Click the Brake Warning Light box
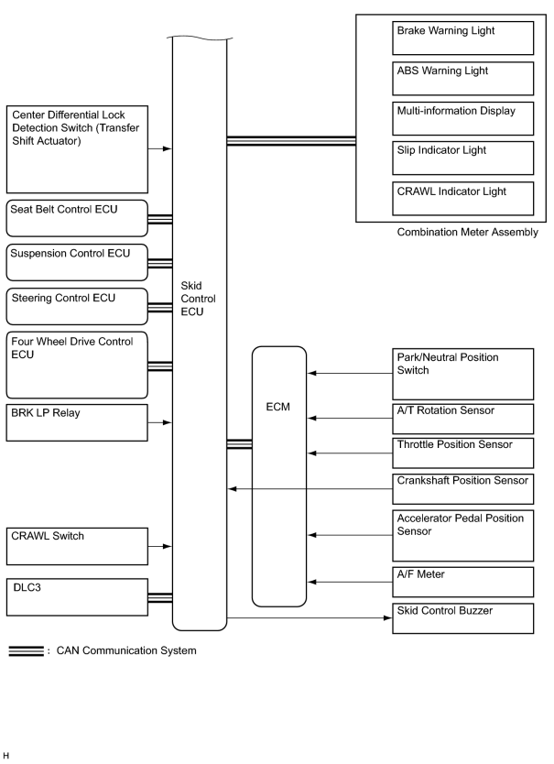click(462, 38)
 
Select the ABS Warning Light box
click(462, 79)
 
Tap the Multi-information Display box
click(462, 118)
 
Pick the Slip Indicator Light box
click(462, 158)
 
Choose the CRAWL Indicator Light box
click(462, 198)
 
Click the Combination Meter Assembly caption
click(467, 233)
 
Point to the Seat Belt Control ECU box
click(77, 218)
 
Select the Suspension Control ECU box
click(77, 263)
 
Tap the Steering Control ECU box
click(77, 307)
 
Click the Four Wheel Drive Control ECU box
click(77, 366)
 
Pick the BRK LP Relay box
click(77, 423)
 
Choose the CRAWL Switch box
click(77, 547)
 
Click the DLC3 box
click(77, 597)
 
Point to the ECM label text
click(277, 407)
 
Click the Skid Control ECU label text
click(198, 299)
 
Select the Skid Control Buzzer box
click(462, 618)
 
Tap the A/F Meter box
click(462, 583)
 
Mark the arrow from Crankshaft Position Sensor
click(310, 488)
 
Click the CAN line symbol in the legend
click(26, 651)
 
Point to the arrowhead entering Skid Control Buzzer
click(388, 617)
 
